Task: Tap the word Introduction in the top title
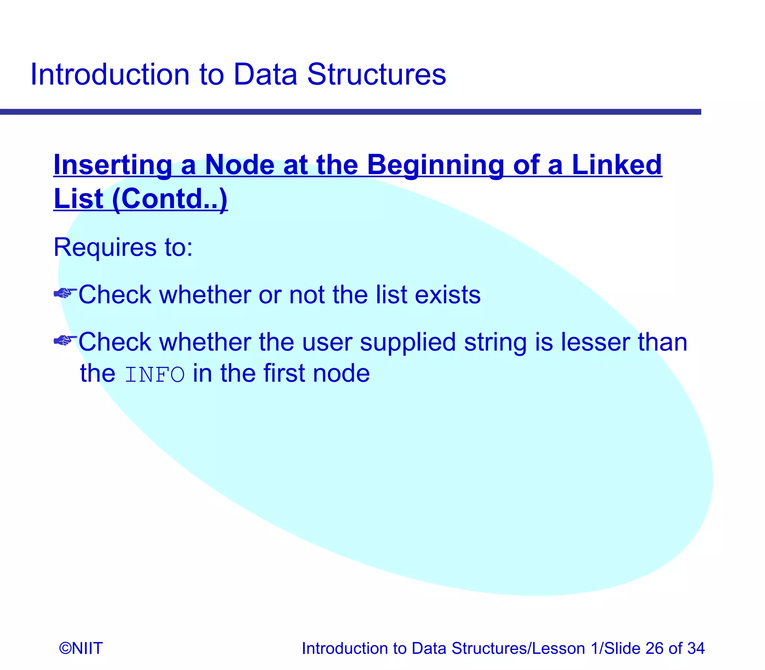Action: click(109, 74)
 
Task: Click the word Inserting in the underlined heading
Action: click(112, 165)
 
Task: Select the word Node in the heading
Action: click(240, 165)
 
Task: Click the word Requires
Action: click(105, 247)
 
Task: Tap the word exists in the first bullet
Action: click(447, 295)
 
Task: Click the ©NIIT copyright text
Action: click(81, 648)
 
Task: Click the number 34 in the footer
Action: click(696, 648)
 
